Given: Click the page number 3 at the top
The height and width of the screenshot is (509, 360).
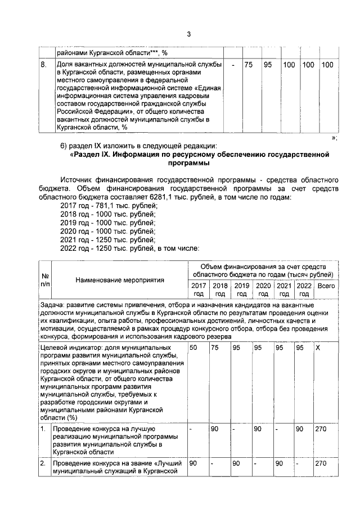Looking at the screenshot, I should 190,34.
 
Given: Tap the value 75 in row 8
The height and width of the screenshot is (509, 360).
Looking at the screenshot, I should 248,65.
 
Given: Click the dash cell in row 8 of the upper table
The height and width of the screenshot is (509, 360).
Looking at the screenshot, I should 232,65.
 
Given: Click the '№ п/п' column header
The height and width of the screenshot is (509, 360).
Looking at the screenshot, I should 44,280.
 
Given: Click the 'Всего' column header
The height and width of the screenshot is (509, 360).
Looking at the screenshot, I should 326,286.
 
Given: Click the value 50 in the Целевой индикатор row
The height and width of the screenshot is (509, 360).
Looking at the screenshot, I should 193,349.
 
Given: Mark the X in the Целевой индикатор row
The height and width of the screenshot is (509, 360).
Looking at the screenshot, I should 318,349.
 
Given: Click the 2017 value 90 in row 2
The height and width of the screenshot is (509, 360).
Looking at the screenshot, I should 193,463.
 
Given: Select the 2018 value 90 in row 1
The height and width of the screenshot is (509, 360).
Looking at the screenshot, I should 214,430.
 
